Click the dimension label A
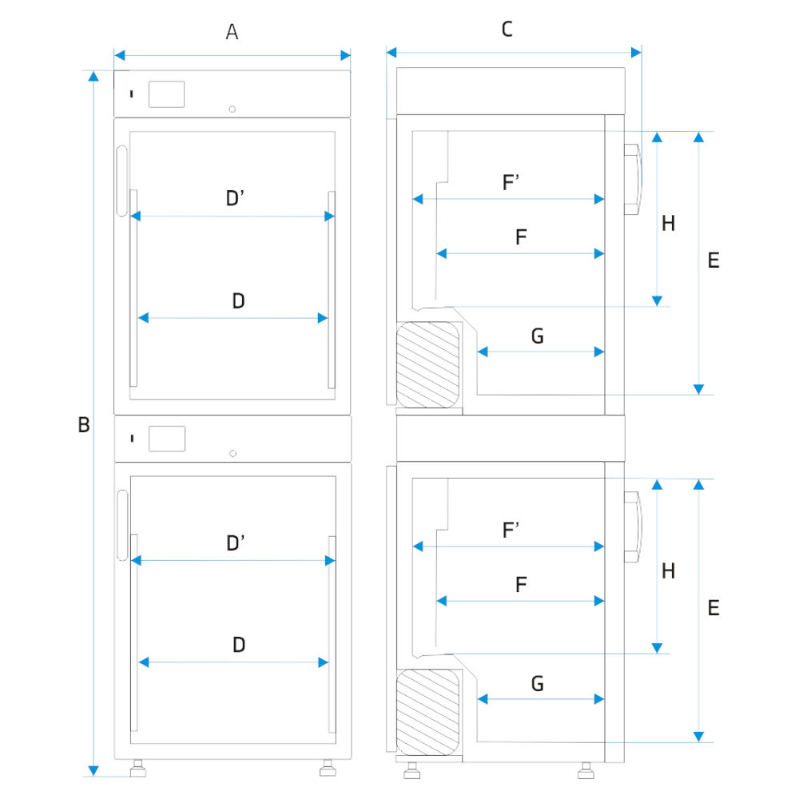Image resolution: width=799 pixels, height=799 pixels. (x=233, y=32)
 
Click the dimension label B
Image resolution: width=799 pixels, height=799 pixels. (x=83, y=426)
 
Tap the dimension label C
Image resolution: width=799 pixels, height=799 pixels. (x=507, y=30)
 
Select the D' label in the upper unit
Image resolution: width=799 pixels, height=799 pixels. (x=235, y=198)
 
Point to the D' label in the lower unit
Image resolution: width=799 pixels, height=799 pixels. (x=235, y=544)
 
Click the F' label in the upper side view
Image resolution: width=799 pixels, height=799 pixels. (x=511, y=183)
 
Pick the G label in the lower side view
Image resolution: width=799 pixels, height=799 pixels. (x=537, y=684)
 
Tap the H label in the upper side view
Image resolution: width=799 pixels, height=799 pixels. (x=669, y=224)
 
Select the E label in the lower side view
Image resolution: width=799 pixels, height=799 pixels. (x=714, y=608)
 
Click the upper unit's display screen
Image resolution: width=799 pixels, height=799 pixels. (x=167, y=94)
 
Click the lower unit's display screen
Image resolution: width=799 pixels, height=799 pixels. (x=167, y=439)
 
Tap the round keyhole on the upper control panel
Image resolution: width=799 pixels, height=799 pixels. (x=233, y=109)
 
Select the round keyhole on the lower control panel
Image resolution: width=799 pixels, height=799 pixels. (x=233, y=454)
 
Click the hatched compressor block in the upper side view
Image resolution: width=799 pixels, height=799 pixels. (x=429, y=364)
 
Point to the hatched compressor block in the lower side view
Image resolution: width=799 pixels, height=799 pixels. (x=429, y=710)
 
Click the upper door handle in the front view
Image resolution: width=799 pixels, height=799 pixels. (x=121, y=181)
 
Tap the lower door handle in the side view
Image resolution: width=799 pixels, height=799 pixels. (x=632, y=527)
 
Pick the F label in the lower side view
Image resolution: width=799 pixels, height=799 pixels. (x=521, y=585)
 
